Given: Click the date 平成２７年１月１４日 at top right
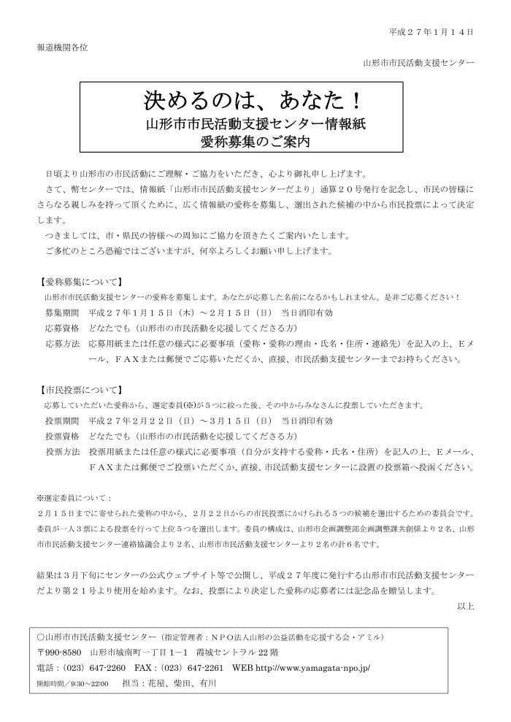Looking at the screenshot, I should [431, 32].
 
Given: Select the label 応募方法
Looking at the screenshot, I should [62, 343].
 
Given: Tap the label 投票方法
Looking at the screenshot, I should [62, 451].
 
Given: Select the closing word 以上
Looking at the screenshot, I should [466, 605].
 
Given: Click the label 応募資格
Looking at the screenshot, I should [62, 328].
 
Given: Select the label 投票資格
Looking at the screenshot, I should [62, 436].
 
